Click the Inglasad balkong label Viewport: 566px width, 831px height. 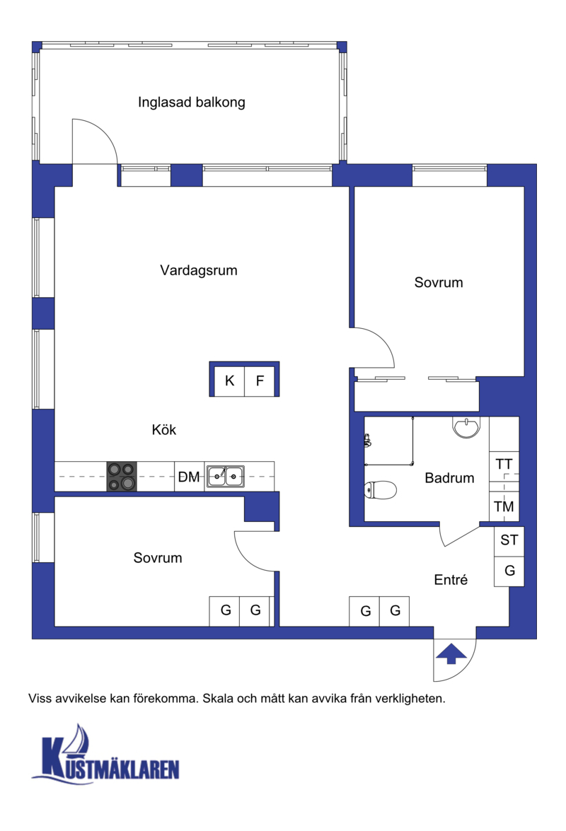pos(191,103)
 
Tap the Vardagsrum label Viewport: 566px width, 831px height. pos(199,270)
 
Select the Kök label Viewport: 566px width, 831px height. pos(163,429)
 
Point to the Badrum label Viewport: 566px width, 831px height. pos(449,478)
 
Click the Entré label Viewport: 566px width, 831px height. pos(451,580)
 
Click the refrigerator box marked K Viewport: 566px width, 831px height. pos(229,380)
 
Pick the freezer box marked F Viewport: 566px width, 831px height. pos(260,380)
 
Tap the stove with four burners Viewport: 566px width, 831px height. pos(122,477)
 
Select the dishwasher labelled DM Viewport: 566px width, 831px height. pos(189,477)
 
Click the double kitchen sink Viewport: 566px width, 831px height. pos(226,477)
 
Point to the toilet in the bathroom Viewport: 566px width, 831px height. pos(380,490)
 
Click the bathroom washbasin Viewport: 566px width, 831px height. pos(466,427)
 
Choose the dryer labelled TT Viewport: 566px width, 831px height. pos(504,464)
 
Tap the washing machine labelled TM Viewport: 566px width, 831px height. pos(504,506)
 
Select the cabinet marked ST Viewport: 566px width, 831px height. pos(509,540)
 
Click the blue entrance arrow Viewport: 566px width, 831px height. pos(451,653)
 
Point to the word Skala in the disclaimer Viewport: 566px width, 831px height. pos(218,699)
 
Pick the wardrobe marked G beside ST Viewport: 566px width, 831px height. pos(509,571)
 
